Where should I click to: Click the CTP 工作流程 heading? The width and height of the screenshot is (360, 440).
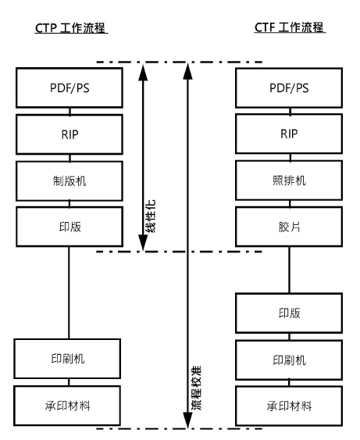click(x=71, y=29)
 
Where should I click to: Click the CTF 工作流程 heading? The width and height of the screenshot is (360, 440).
click(x=290, y=29)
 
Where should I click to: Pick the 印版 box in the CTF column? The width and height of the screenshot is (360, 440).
click(x=289, y=313)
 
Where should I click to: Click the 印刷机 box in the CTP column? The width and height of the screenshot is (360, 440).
click(x=70, y=361)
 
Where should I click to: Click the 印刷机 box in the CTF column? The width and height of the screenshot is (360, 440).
click(x=289, y=361)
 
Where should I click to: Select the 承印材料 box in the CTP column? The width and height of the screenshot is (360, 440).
click(x=70, y=406)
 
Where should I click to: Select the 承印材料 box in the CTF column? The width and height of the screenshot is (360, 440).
click(x=289, y=406)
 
